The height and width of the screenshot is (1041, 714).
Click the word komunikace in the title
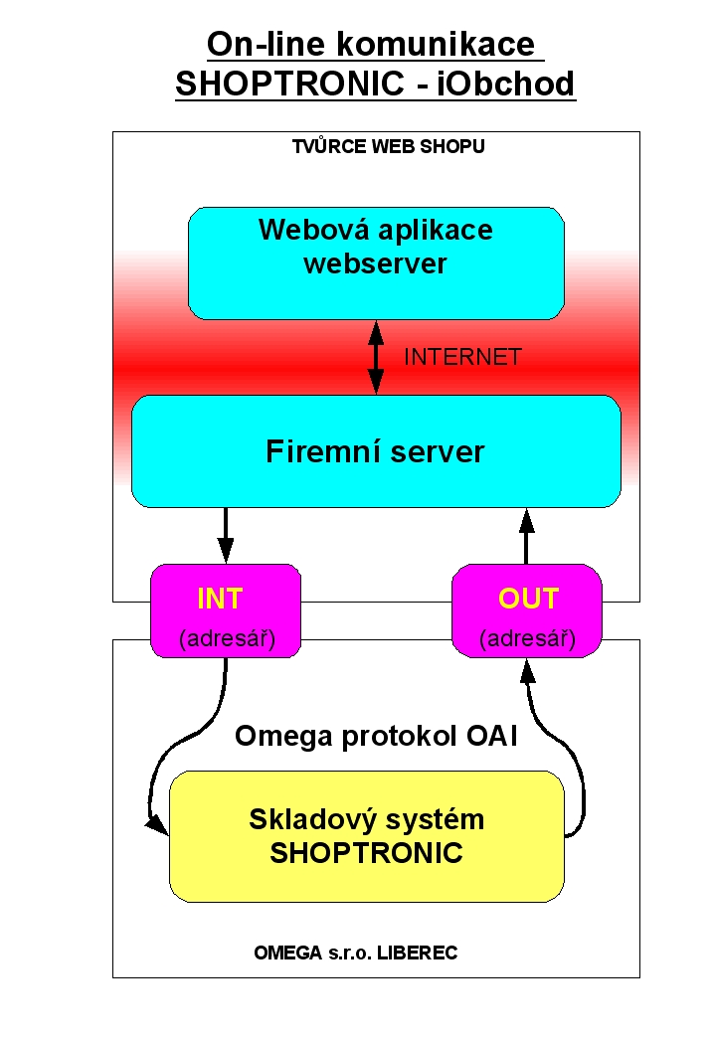pos(435,45)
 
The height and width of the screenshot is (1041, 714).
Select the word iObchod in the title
pos(505,84)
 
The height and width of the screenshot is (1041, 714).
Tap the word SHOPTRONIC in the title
pos(289,84)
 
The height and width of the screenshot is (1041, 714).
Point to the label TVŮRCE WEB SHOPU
pos(389,146)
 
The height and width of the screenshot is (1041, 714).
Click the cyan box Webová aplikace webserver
pos(376,262)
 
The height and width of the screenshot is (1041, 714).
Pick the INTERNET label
pos(462,357)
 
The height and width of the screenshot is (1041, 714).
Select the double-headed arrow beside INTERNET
pos(376,357)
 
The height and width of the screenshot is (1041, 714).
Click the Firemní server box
pos(376,451)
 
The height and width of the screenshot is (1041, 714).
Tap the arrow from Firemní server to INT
pos(226,536)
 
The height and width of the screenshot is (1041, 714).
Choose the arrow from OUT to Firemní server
pos(527,536)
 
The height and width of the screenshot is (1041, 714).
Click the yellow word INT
pos(220,599)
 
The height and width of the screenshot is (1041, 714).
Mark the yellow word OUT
pos(529,599)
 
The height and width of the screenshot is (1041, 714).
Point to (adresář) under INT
pos(227,638)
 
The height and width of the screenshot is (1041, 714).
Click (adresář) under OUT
pos(527,638)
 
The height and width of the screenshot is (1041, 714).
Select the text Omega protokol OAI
pos(376,737)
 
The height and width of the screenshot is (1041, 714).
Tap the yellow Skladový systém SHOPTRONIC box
pos(367,836)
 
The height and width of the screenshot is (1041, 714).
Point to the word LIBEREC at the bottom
pos(417,953)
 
